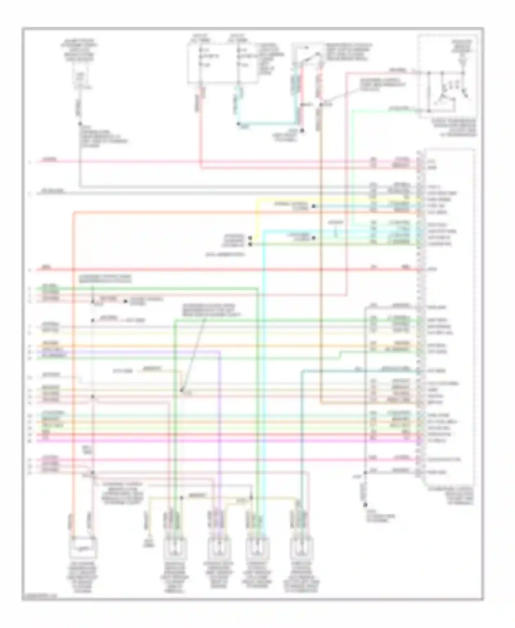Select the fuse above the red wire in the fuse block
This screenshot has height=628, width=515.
tap(201, 57)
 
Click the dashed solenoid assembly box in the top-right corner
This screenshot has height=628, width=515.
tap(447, 76)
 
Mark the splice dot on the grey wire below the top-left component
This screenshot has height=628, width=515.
tap(80, 124)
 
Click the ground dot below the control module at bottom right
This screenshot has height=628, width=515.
tap(365, 505)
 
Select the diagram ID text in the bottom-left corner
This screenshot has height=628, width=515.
tap(39, 597)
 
